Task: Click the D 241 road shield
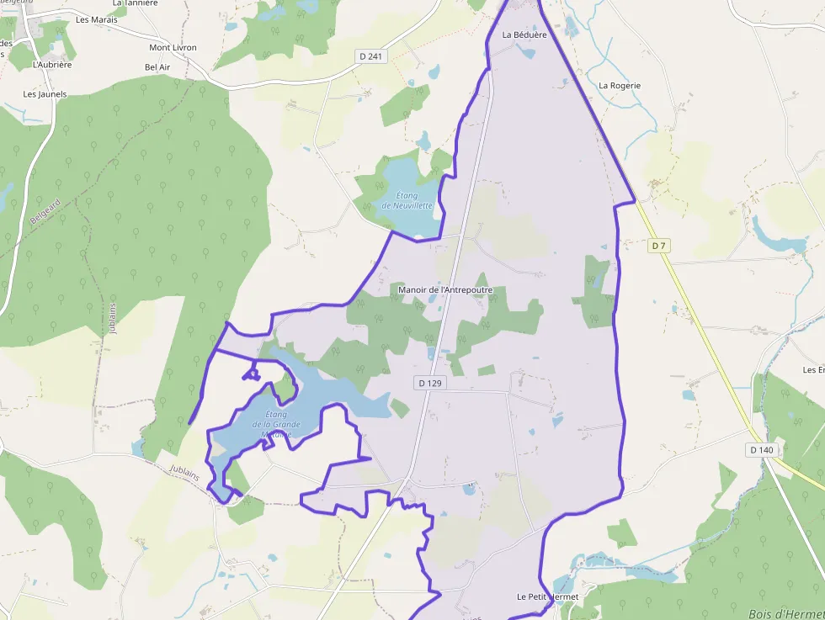[370, 56]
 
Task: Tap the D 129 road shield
[429, 383]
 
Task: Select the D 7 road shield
[658, 246]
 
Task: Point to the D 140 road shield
[760, 450]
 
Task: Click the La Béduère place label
[524, 35]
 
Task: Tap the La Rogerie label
[620, 86]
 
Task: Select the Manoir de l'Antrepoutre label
[444, 290]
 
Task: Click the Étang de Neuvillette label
[407, 201]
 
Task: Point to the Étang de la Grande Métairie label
[276, 424]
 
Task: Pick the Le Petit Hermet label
[547, 596]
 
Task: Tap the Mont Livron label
[173, 48]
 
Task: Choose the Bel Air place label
[157, 67]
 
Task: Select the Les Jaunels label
[45, 94]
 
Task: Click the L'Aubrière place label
[52, 65]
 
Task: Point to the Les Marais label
[97, 19]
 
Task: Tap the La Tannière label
[135, 3]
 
